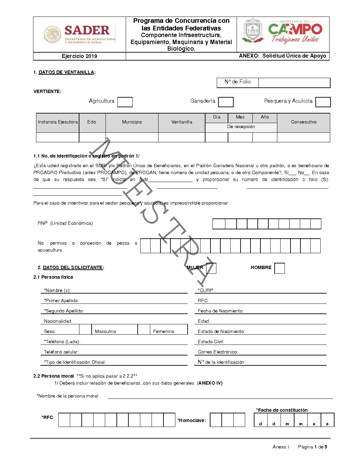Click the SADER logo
tap(79, 34)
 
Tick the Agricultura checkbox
tap(125, 102)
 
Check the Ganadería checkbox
tap(226, 102)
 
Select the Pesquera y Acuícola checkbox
tap(323, 102)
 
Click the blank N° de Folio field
tap(294, 82)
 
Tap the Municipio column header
tap(132, 122)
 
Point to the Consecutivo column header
tap(303, 122)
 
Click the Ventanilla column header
tap(182, 122)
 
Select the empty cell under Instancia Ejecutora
tap(58, 137)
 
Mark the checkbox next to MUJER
tap(211, 268)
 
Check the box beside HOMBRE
tap(280, 268)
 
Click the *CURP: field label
tap(206, 290)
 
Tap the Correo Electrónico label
tap(218, 352)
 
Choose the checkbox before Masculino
tap(85, 330)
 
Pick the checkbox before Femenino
tap(144, 330)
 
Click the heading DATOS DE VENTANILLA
tap(66, 72)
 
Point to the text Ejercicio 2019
tap(79, 56)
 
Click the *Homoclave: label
tap(192, 420)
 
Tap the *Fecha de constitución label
tap(282, 410)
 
